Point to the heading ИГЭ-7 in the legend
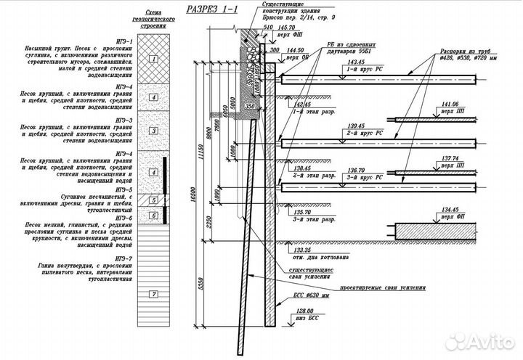(x=123, y=258)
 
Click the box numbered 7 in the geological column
(x=152, y=295)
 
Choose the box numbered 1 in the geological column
(x=152, y=57)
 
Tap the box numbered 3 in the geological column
(x=152, y=131)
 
